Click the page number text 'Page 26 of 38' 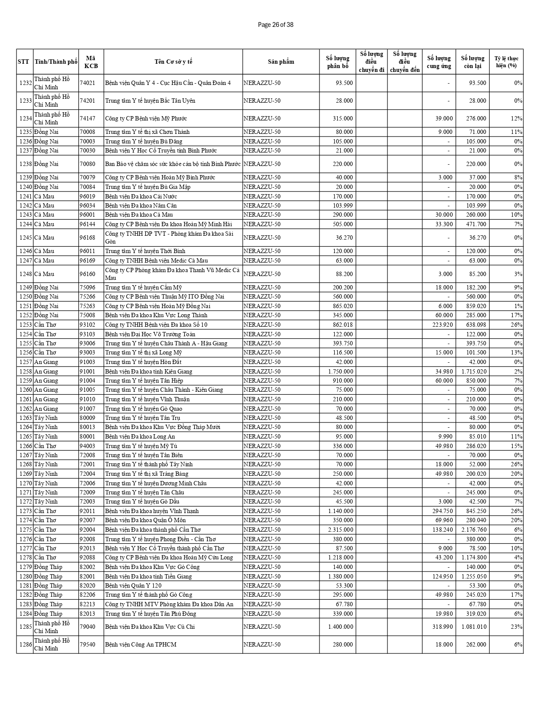click(x=275, y=25)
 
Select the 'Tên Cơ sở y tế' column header click(x=173, y=62)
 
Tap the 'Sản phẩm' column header click(x=281, y=62)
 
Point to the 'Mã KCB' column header click(x=91, y=62)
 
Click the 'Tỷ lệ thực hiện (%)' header click(x=506, y=62)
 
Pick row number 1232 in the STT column click(x=26, y=83)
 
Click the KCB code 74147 click(x=87, y=118)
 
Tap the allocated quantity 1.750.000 click(x=340, y=371)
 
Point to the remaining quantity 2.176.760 click(x=474, y=530)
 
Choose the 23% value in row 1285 click(x=518, y=627)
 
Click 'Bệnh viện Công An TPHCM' click(x=141, y=644)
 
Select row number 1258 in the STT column click(x=26, y=371)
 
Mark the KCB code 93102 click(x=87, y=325)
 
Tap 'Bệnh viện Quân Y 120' click(x=133, y=585)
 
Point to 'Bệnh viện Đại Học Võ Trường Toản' click(x=150, y=334)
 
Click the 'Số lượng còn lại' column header click(x=472, y=62)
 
